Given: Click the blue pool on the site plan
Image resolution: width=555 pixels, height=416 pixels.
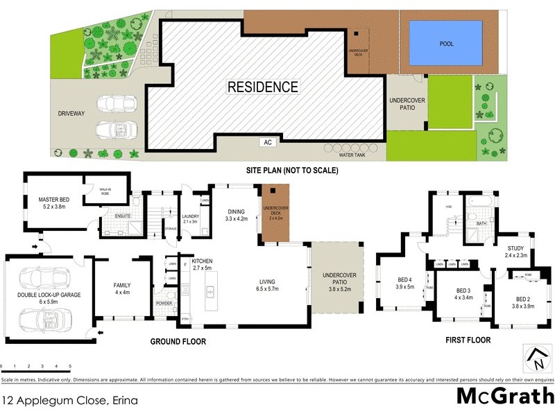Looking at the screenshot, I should tap(445, 43).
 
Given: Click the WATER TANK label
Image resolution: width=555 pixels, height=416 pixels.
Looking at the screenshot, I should tap(352, 155).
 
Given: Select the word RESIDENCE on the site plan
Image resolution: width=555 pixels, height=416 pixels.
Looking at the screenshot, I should tap(263, 87).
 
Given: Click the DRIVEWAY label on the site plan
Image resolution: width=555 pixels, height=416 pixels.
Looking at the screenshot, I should tap(70, 113).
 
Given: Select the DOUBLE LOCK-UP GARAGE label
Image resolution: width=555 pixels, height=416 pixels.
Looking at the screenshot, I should tap(49, 298).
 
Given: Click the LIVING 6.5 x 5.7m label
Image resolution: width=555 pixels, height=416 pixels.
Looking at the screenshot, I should tap(267, 285).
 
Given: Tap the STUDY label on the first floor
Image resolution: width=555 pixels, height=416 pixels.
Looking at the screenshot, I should tap(516, 251).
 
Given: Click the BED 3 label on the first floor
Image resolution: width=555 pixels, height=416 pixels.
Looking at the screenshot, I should tap(463, 293).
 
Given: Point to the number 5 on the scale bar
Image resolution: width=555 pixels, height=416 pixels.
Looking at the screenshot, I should tap(69, 365).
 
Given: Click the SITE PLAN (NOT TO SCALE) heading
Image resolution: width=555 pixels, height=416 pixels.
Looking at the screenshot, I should tap(277, 169).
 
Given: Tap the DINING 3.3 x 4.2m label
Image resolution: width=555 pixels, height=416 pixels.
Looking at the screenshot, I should tap(237, 215).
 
